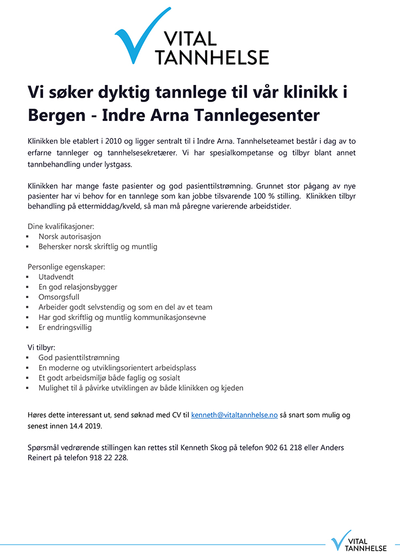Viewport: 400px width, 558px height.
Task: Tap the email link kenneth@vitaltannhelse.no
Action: click(234, 414)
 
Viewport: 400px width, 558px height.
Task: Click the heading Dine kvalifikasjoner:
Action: click(61, 226)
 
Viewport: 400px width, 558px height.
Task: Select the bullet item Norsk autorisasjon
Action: click(70, 236)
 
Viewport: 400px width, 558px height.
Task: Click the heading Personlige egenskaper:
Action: click(66, 267)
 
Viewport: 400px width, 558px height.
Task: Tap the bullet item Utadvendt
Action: click(56, 277)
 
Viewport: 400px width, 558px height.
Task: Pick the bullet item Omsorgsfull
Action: click(59, 297)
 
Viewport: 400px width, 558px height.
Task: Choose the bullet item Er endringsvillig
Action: click(65, 327)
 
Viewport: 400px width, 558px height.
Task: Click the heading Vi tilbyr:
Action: click(41, 347)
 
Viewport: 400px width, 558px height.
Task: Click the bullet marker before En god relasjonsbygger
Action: click(28, 287)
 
